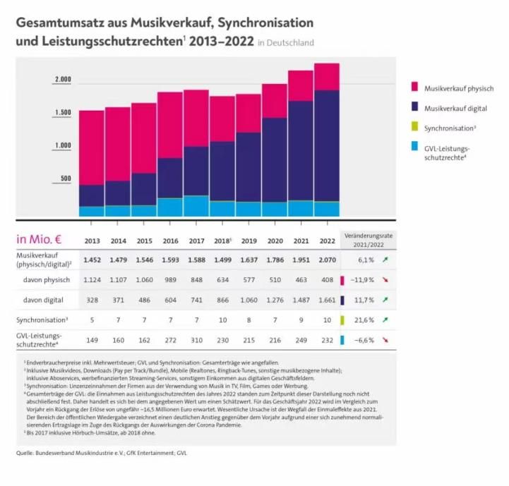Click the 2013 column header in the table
[92, 241]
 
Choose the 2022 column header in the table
[327, 241]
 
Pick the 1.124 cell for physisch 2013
[92, 280]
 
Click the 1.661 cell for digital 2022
[327, 300]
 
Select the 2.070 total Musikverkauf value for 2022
[327, 260]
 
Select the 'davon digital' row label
[43, 300]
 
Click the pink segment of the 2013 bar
[91, 147]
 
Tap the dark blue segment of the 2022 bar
[327, 145]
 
